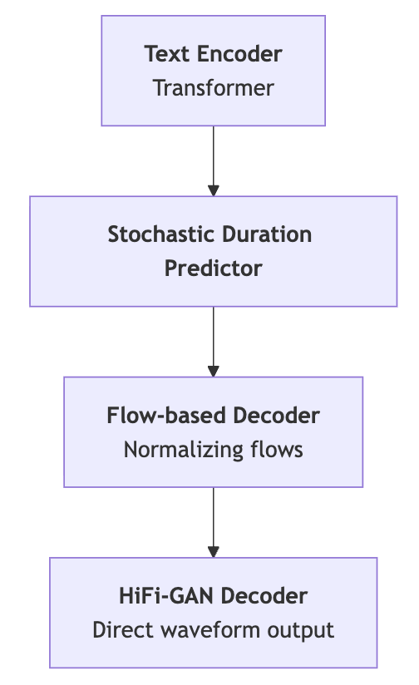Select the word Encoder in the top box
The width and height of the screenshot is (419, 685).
(242, 55)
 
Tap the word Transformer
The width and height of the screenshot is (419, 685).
(214, 88)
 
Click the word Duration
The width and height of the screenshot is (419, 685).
(268, 234)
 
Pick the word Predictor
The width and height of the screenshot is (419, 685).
(214, 269)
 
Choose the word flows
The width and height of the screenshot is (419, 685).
(276, 450)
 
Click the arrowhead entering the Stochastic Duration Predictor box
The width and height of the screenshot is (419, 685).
(214, 190)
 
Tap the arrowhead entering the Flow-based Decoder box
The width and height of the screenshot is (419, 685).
(214, 371)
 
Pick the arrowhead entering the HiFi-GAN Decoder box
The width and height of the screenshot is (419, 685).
(214, 551)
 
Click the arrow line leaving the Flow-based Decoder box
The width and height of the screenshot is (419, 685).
(214, 515)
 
